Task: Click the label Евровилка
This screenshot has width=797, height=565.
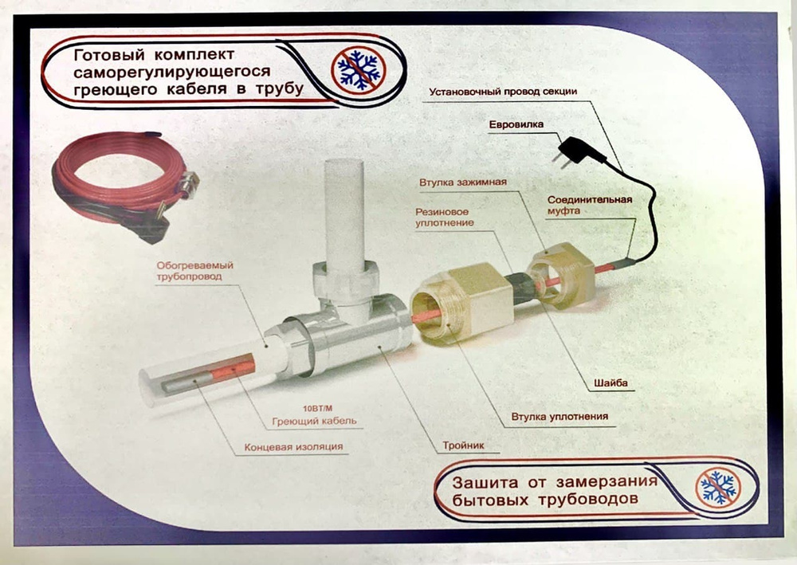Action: point(516,124)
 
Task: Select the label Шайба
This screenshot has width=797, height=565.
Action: point(611,383)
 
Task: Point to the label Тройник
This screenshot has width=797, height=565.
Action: point(463,445)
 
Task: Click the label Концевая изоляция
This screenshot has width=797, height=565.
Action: point(293,447)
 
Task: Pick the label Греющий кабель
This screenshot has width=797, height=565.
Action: point(314,422)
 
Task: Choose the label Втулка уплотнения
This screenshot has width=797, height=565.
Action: point(559,417)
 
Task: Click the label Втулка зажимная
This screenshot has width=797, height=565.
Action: point(462,182)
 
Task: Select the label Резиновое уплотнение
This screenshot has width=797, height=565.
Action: point(445,217)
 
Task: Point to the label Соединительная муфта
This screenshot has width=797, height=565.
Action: point(590,205)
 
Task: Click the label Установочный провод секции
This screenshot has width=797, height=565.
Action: point(503,92)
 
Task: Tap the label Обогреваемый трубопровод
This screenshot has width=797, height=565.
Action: point(194,271)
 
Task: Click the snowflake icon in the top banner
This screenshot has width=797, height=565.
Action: point(359,70)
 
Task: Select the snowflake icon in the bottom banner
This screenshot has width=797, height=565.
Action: point(718,487)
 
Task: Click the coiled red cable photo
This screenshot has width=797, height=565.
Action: point(124,186)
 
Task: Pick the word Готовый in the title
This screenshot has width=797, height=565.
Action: point(109,54)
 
